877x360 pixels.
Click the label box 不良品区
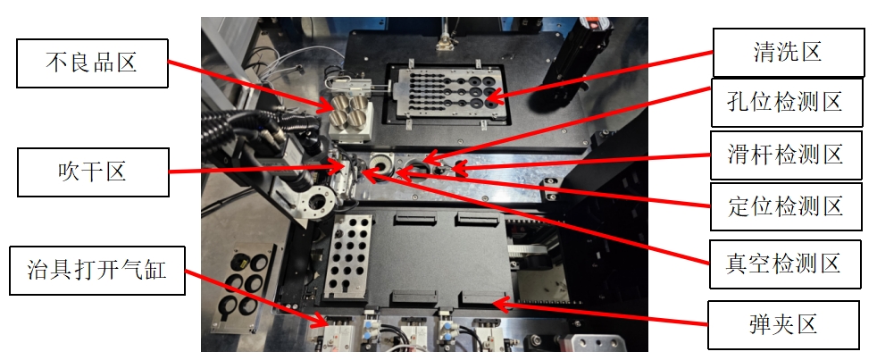pos(92,63)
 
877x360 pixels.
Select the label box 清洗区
pos(789,53)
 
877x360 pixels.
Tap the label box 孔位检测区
pos(787,103)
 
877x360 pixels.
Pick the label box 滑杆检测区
pos(786,155)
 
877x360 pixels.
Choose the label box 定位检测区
pos(786,206)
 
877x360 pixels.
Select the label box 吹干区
pos(93,172)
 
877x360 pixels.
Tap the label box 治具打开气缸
pos(96,271)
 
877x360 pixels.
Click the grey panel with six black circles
pos(242,286)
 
